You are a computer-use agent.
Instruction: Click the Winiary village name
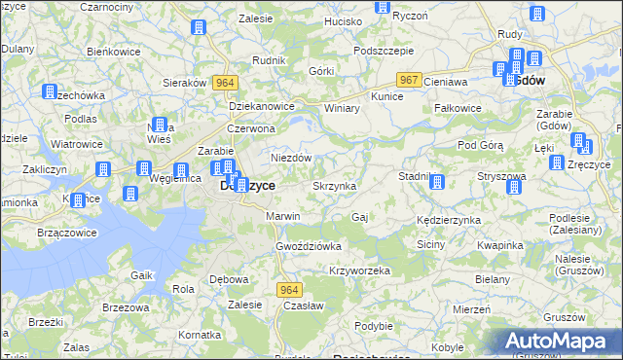(342, 107)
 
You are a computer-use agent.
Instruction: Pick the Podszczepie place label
(385, 51)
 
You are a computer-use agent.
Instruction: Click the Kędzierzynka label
(449, 220)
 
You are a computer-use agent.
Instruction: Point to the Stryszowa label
(501, 176)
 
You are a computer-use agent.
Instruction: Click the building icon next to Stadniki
(437, 182)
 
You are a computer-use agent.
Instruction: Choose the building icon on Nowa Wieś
(162, 126)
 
